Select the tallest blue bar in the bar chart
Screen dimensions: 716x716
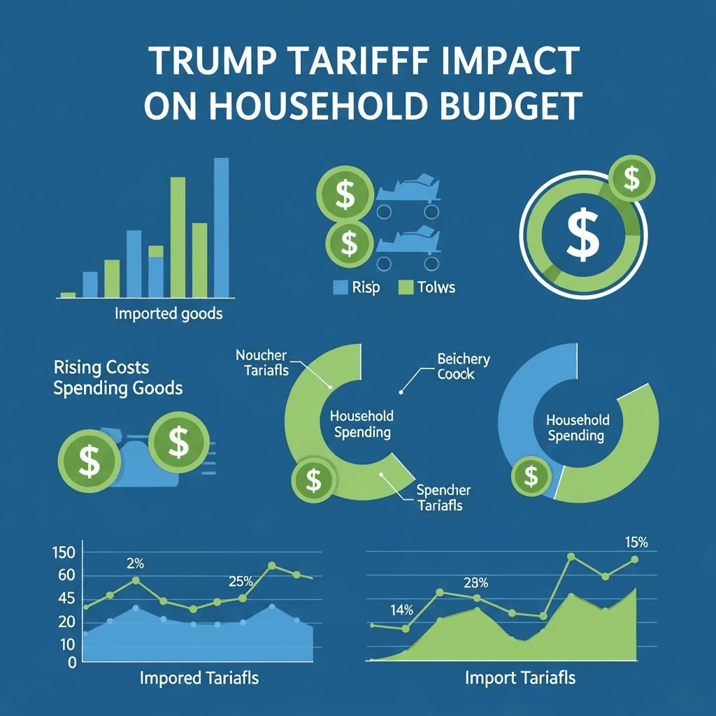pos(221,227)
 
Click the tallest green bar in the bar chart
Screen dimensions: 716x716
pos(178,237)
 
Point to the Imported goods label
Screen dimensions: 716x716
pos(169,313)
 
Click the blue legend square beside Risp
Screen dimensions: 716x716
pos(341,287)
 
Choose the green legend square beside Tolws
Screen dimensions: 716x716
pos(406,287)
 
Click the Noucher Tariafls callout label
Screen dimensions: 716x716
pos(262,363)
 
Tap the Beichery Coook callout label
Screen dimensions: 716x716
pos(464,366)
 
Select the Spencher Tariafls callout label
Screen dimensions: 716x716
pos(443,497)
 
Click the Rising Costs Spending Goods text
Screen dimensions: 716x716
pos(117,378)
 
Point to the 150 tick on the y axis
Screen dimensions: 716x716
pos(64,553)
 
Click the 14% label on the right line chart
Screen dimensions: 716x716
pos(402,610)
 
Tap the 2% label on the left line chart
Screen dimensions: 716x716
pos(135,564)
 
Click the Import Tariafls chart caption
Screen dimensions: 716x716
pos(520,678)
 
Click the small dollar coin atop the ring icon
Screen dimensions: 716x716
pos(631,178)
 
